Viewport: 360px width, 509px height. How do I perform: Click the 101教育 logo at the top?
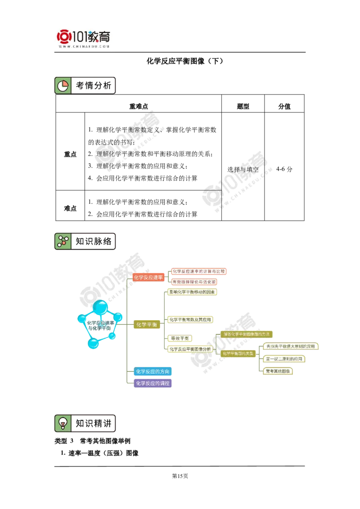85,38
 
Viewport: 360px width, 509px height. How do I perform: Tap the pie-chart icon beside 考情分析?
63,85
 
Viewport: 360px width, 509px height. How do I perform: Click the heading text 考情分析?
93,85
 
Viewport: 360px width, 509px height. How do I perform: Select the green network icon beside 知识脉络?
63,241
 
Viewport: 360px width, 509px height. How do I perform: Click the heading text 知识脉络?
93,241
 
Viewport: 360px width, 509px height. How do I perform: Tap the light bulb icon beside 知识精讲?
63,423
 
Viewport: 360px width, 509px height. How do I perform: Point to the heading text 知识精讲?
93,423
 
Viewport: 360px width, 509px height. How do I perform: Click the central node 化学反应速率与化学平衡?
99,325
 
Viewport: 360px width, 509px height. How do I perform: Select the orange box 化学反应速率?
148,277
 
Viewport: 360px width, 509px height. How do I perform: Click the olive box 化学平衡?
146,324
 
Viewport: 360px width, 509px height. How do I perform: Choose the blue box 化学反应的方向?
153,372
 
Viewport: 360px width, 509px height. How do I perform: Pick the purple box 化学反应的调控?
153,383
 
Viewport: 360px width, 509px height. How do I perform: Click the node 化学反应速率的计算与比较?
198,271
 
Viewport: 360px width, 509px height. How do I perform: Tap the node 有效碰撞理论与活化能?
194,282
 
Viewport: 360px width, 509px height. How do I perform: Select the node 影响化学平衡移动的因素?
192,292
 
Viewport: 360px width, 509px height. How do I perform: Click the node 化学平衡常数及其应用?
190,320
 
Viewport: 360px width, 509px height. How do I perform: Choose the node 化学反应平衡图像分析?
190,349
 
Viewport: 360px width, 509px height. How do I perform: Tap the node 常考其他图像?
279,371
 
